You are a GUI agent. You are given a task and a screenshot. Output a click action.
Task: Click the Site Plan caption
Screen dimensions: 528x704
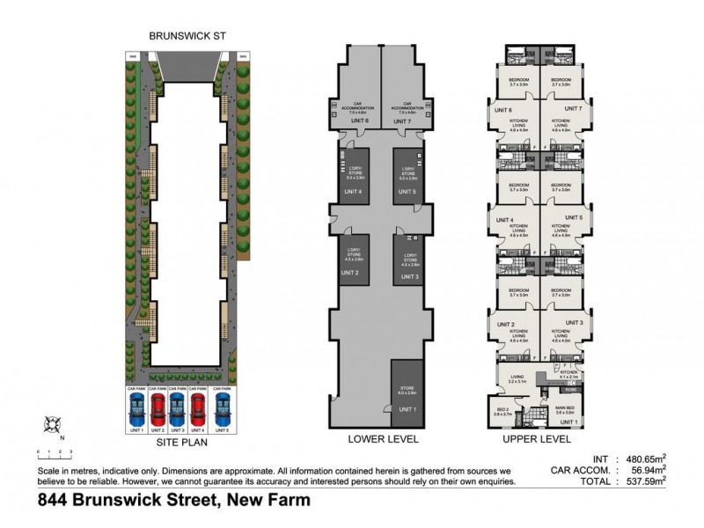coord(180,438)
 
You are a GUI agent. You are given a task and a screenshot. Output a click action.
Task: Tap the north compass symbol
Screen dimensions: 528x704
coord(51,426)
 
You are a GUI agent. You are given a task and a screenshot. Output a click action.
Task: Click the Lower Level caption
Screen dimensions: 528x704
coord(383,438)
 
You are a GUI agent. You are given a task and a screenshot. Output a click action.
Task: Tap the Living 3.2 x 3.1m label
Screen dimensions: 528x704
coord(517,379)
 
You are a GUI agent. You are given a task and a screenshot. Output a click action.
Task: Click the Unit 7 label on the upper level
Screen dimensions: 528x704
coord(573,108)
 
